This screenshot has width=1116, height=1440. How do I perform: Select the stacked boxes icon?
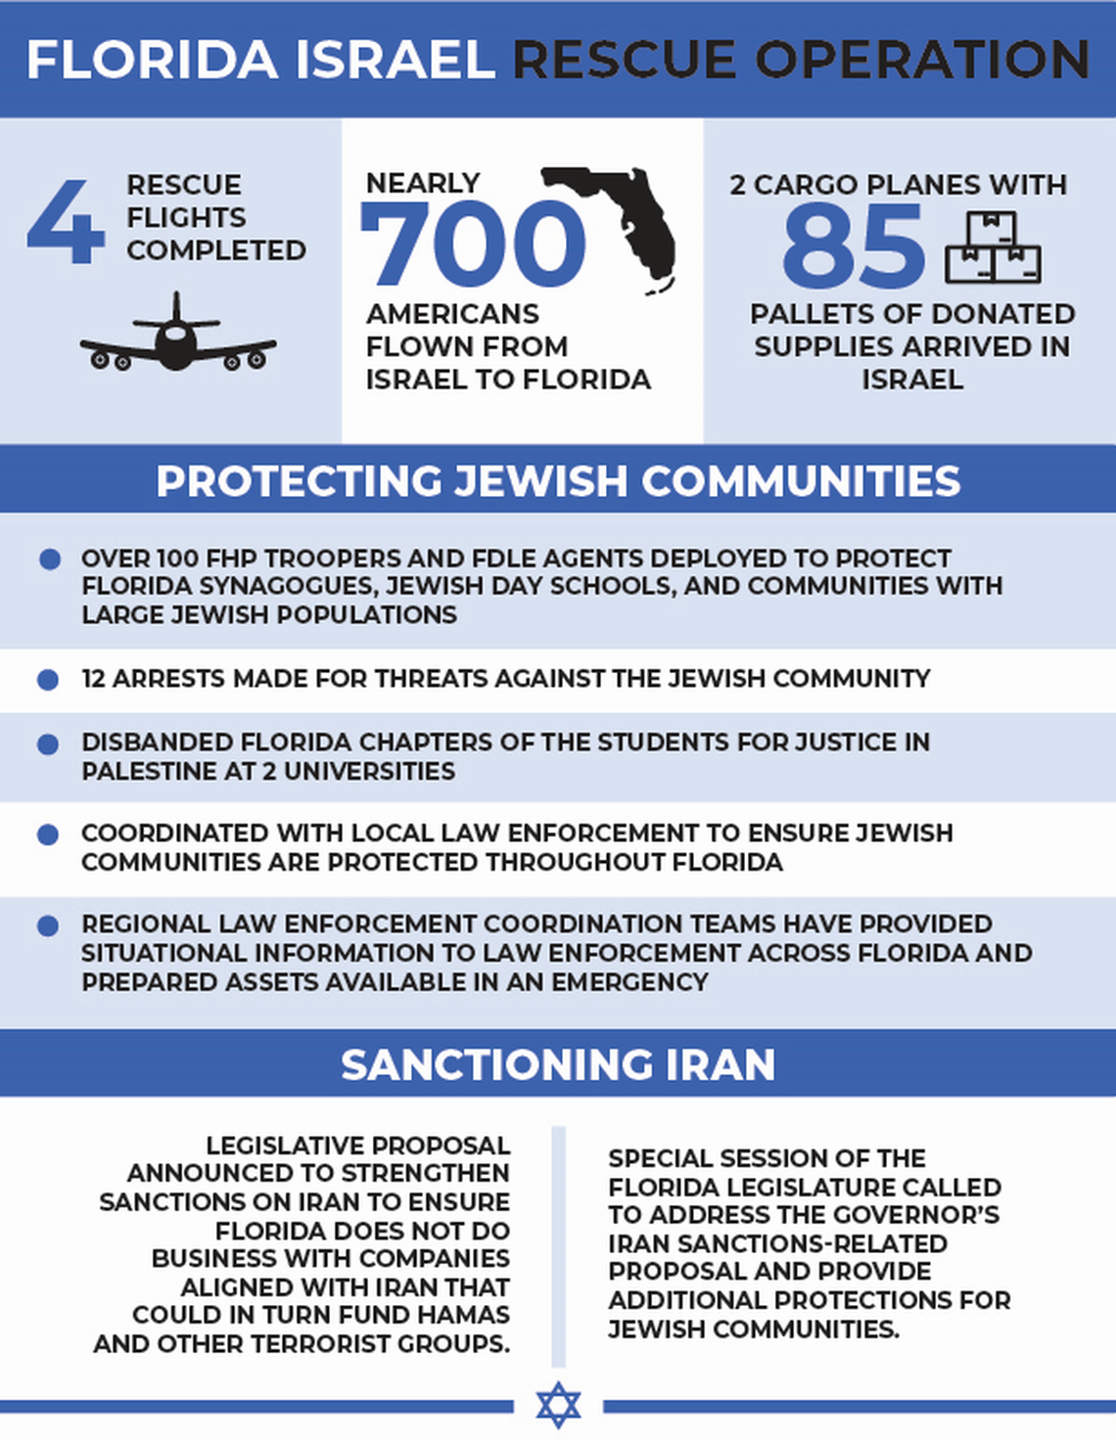coord(992,248)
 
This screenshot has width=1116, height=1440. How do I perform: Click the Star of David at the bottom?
coord(558,1406)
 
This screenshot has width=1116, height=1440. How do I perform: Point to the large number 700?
coord(473,243)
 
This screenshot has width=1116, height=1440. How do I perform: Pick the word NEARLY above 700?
coord(422,183)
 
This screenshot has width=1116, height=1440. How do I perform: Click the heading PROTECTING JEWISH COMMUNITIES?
coord(558,480)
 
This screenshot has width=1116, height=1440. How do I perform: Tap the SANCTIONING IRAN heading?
coord(558,1064)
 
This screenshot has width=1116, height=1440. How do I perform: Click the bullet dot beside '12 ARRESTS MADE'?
coord(48,679)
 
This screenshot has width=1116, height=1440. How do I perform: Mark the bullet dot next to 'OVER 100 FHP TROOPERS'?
coord(50,560)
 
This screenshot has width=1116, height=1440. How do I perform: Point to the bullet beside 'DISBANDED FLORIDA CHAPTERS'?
coord(48,744)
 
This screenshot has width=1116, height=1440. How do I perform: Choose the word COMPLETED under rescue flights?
coord(216,250)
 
